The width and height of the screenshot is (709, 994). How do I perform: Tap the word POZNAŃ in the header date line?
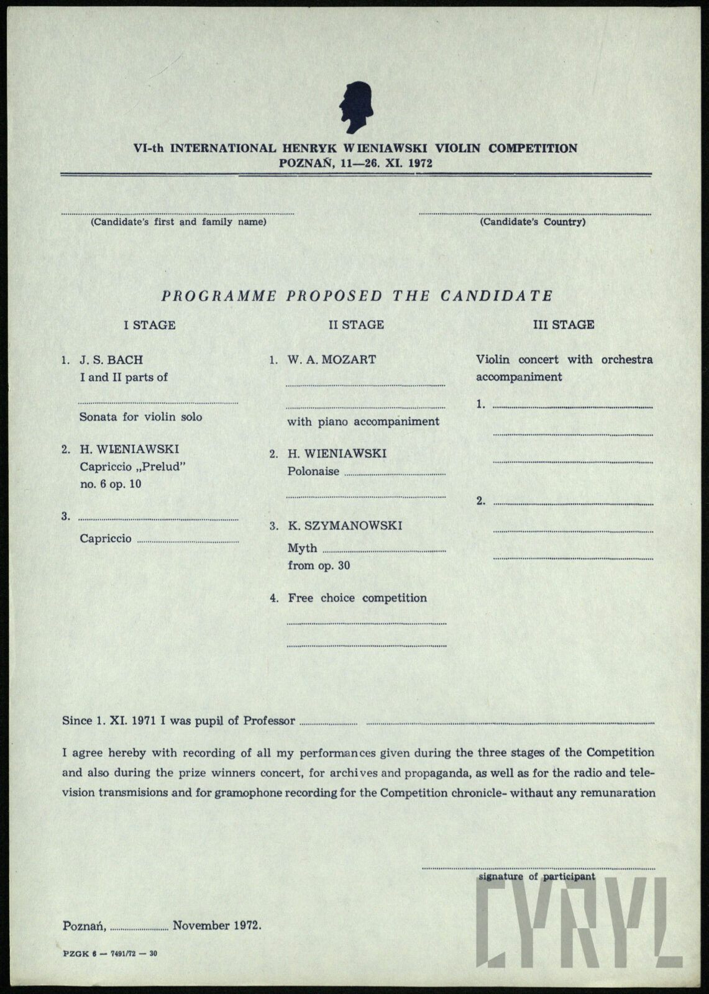tap(301, 164)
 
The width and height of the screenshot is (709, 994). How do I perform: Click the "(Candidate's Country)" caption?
tap(533, 222)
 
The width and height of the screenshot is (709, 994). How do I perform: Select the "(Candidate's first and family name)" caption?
tap(178, 222)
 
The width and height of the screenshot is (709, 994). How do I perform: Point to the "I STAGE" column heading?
tap(150, 325)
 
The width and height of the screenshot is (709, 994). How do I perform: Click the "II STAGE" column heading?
tap(356, 325)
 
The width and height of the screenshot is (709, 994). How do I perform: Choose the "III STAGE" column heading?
tap(564, 325)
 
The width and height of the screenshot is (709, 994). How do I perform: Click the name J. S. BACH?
tap(111, 360)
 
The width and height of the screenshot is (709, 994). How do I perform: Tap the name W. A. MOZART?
tap(331, 360)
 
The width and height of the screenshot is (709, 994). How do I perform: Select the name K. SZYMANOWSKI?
tap(345, 526)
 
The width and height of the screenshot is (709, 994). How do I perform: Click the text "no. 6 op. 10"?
tap(111, 485)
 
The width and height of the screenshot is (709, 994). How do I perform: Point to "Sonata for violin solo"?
tap(140, 417)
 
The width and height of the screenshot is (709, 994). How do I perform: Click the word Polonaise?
tap(313, 472)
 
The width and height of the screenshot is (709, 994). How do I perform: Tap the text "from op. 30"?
tap(319, 566)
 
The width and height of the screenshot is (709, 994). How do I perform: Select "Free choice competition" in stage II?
tap(357, 598)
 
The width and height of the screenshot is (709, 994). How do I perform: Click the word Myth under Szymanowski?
tap(303, 549)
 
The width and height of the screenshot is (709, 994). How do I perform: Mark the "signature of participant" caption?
tap(537, 877)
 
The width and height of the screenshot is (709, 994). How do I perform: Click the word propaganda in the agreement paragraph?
tap(437, 773)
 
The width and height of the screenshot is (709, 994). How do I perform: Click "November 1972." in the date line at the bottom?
tap(217, 926)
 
